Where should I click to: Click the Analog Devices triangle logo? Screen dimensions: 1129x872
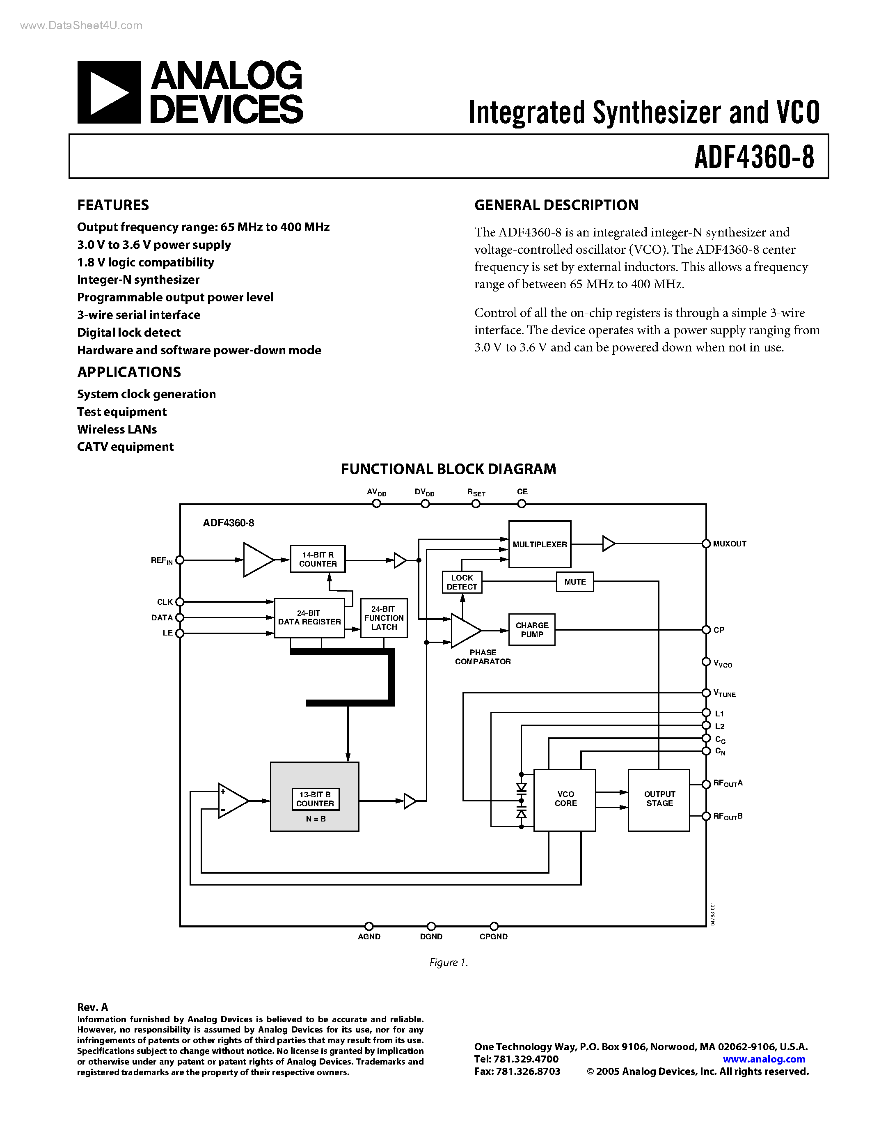(x=108, y=92)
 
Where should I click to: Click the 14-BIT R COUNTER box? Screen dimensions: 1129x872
(x=317, y=559)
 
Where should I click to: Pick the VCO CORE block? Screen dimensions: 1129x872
(x=565, y=800)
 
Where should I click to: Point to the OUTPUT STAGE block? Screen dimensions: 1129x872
(x=659, y=800)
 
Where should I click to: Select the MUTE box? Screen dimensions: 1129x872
(x=574, y=582)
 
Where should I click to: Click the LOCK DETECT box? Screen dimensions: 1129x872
(x=462, y=583)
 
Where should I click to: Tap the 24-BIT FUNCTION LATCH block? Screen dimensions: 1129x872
(x=384, y=618)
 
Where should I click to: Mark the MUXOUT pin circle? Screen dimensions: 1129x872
(x=706, y=544)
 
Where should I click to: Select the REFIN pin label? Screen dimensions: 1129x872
(x=161, y=560)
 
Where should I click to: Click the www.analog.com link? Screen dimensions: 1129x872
(x=764, y=1059)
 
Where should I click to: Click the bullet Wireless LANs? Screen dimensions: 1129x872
(x=117, y=429)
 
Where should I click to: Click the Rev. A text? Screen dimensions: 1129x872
(x=92, y=1007)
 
